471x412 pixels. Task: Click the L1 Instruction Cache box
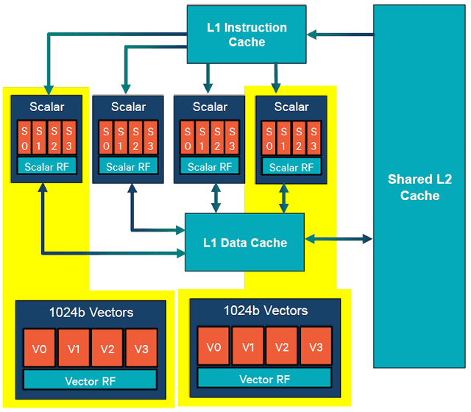click(x=247, y=35)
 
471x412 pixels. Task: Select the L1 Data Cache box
click(x=244, y=242)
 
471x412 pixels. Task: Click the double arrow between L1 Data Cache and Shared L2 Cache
click(x=339, y=238)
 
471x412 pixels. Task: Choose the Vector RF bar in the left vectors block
click(x=91, y=380)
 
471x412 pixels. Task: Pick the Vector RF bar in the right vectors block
click(x=265, y=379)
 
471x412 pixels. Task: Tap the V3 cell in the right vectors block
click(x=316, y=347)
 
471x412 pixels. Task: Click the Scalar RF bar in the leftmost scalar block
click(x=49, y=167)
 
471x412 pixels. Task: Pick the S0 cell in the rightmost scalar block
click(x=270, y=138)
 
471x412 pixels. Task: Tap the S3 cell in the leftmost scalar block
click(x=69, y=138)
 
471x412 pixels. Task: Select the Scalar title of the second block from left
click(x=129, y=107)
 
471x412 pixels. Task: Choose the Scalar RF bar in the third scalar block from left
click(x=210, y=167)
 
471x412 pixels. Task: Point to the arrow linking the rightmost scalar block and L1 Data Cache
click(x=283, y=198)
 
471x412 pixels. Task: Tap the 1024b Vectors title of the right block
click(x=266, y=310)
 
